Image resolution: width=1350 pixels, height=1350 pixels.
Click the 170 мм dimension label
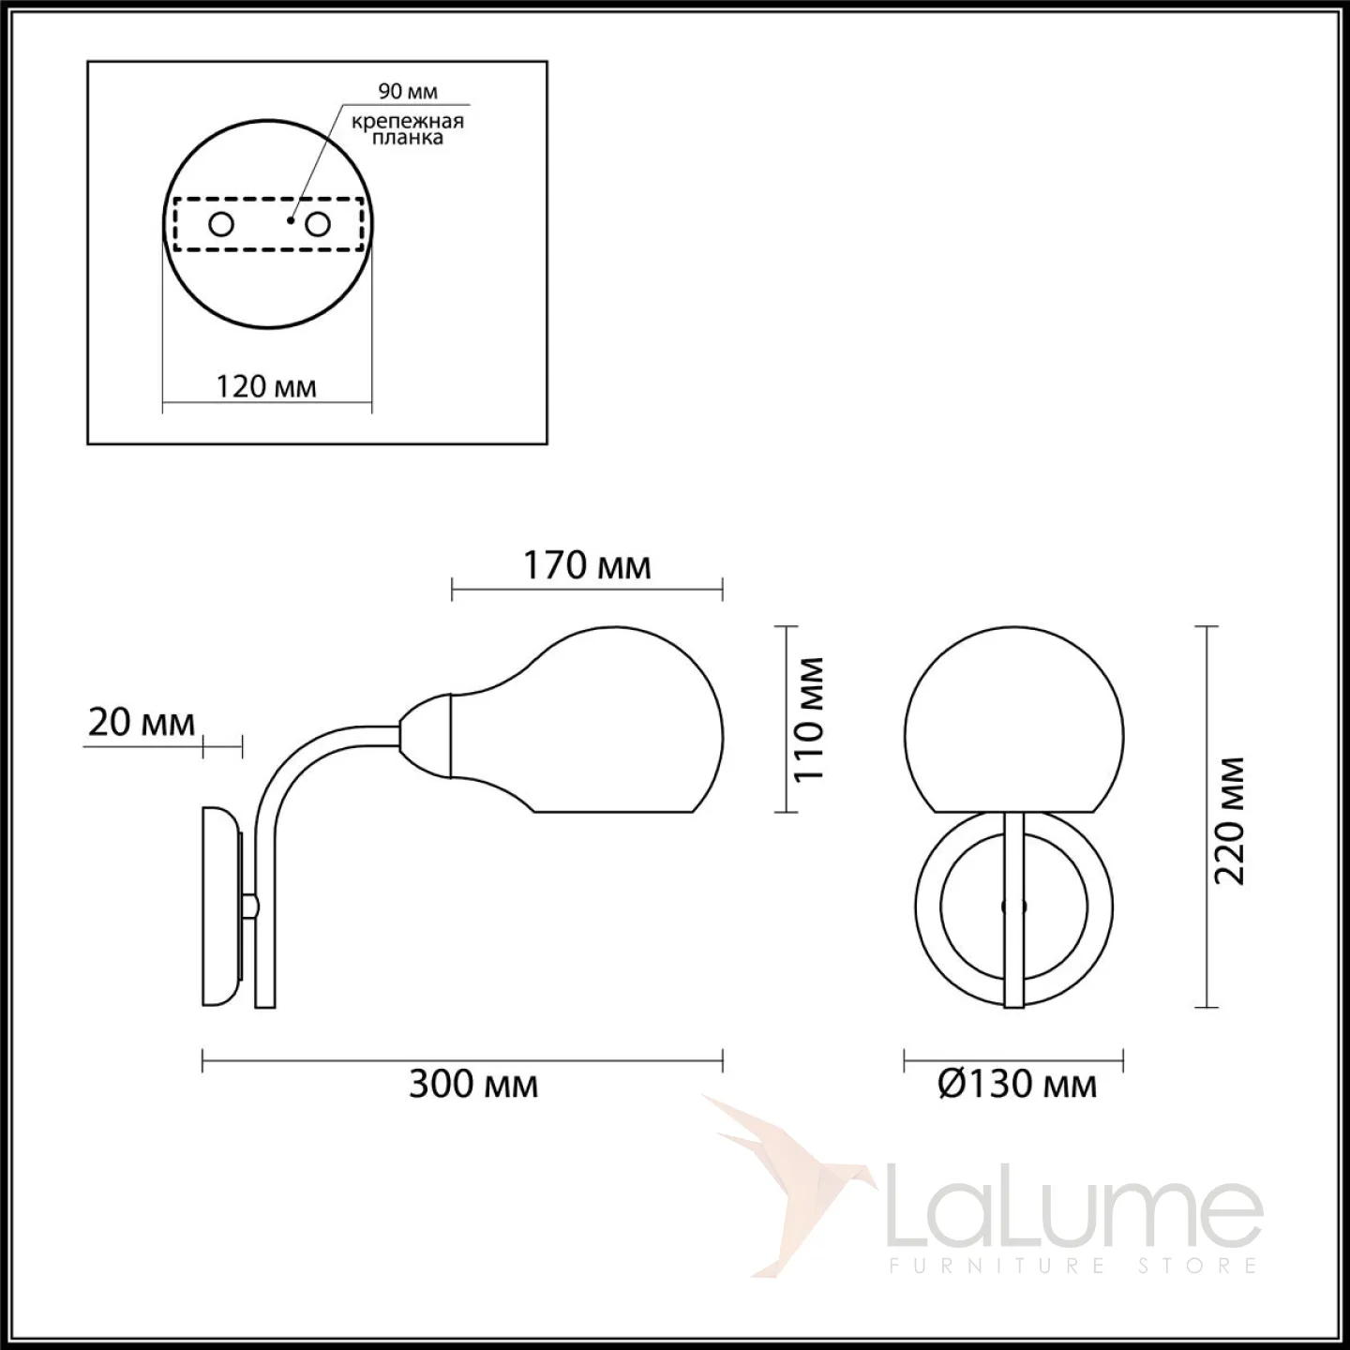[x=587, y=566]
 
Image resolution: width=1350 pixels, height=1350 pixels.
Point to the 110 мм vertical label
[x=808, y=719]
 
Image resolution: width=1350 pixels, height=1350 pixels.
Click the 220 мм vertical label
[x=1229, y=821]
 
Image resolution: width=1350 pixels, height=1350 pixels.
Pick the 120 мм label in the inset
[x=265, y=386]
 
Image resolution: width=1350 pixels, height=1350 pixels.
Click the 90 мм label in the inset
[x=408, y=91]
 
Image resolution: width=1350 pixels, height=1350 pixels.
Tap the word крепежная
[x=408, y=122]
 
